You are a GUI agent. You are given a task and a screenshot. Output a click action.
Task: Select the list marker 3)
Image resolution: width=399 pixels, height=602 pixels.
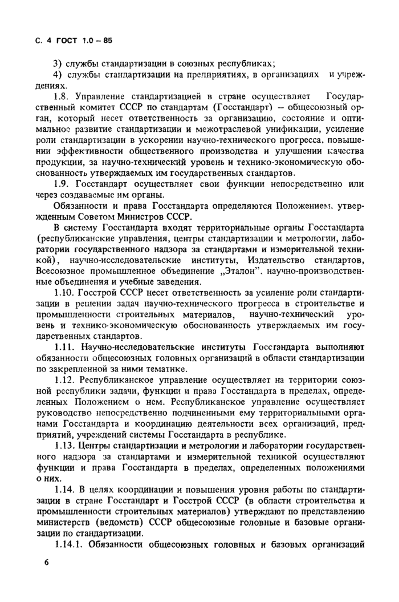tap(58, 63)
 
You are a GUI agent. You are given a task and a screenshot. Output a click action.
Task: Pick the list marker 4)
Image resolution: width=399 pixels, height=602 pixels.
tap(58, 76)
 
